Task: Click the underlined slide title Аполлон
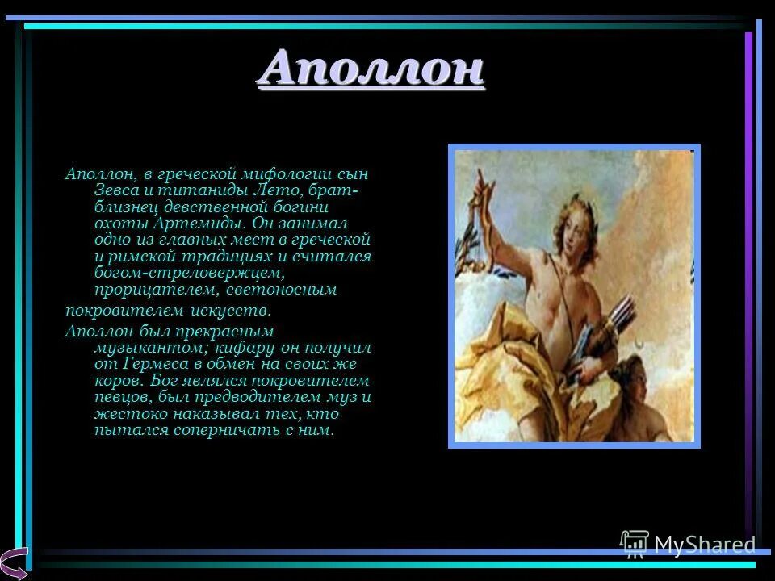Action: point(371,68)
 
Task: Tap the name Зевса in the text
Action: point(114,190)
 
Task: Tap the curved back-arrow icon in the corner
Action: point(15,562)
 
